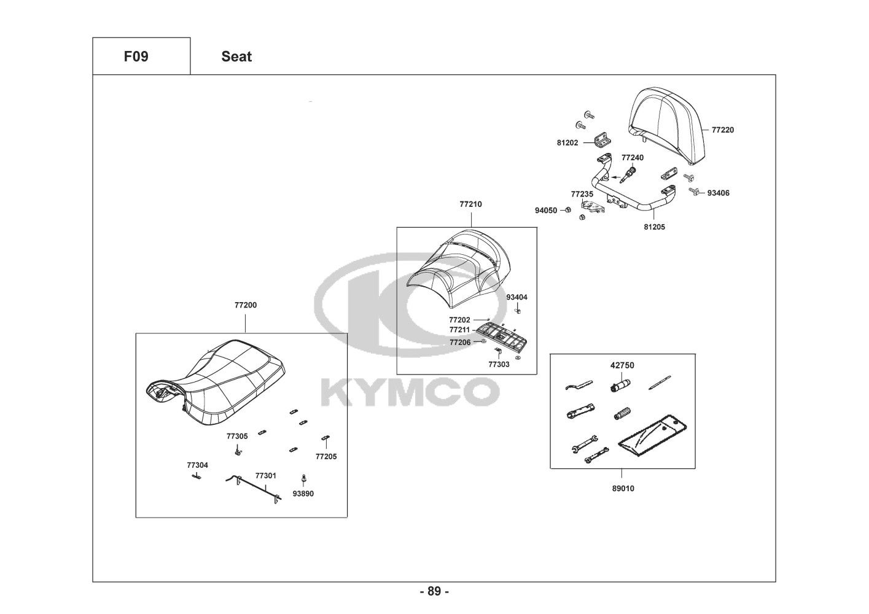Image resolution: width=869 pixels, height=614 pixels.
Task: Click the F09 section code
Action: click(x=136, y=56)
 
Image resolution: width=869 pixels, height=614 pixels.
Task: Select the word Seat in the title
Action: click(x=236, y=56)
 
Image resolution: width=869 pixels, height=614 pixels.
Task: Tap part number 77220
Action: click(x=722, y=130)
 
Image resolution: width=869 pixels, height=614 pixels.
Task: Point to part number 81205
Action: click(x=654, y=227)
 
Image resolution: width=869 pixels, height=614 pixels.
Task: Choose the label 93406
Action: click(x=718, y=193)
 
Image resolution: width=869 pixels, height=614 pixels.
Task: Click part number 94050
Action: click(x=546, y=211)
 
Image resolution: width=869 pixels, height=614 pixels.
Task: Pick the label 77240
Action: click(x=633, y=158)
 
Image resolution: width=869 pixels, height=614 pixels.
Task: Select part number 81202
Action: click(x=567, y=143)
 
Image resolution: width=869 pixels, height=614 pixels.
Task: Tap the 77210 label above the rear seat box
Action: click(x=470, y=204)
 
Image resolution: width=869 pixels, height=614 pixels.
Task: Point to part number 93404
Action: click(x=516, y=297)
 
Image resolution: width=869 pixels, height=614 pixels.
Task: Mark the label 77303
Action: click(x=499, y=364)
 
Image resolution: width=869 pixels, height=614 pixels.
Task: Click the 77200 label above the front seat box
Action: click(x=245, y=305)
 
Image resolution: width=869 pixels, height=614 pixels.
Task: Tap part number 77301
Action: click(x=265, y=475)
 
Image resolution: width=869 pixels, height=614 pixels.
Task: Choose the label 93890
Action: click(x=303, y=493)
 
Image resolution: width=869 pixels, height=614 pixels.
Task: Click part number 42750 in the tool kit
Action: click(x=622, y=365)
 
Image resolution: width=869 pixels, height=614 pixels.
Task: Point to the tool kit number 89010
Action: click(x=622, y=489)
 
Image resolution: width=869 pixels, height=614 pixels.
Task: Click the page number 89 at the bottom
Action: click(x=434, y=591)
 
